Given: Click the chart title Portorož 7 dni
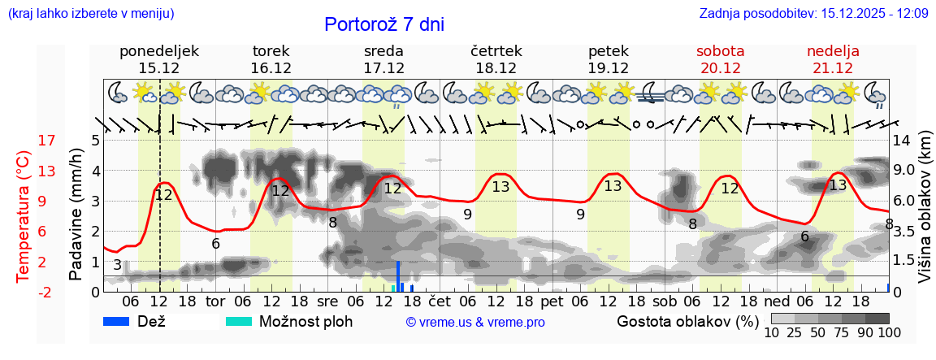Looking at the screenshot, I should pyautogui.click(x=383, y=24).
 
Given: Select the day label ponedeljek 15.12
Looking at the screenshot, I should pyautogui.click(x=159, y=59).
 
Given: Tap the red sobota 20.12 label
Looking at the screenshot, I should pyautogui.click(x=720, y=59).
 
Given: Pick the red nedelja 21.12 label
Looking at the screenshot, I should pyautogui.click(x=833, y=59).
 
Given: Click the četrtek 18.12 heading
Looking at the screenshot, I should pyautogui.click(x=496, y=59).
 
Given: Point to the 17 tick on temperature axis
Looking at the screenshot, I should pyautogui.click(x=47, y=141).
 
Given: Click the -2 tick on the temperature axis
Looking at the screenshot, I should pyautogui.click(x=47, y=292).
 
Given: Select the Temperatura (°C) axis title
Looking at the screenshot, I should pyautogui.click(x=23, y=216).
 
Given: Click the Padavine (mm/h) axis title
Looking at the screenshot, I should pyautogui.click(x=76, y=215).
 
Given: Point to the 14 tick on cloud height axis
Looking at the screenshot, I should pyautogui.click(x=901, y=141).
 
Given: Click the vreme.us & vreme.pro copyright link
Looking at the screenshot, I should pyautogui.click(x=475, y=322).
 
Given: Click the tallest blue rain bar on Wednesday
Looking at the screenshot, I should pyautogui.click(x=398, y=275).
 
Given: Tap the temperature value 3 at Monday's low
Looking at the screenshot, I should pyautogui.click(x=118, y=265).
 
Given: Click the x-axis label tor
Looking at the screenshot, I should pyautogui.click(x=214, y=301).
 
